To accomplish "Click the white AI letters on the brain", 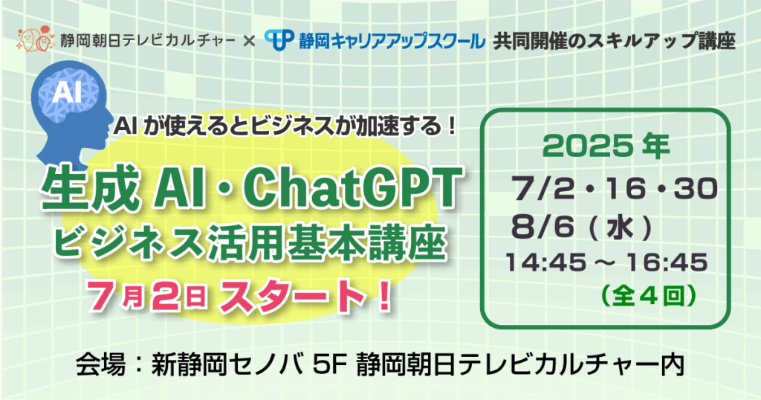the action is point(66,91).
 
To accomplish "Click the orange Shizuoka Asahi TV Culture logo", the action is point(36,39).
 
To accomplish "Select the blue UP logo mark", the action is point(279,40).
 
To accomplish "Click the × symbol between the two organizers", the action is point(249,41).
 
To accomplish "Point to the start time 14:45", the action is point(545,262).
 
